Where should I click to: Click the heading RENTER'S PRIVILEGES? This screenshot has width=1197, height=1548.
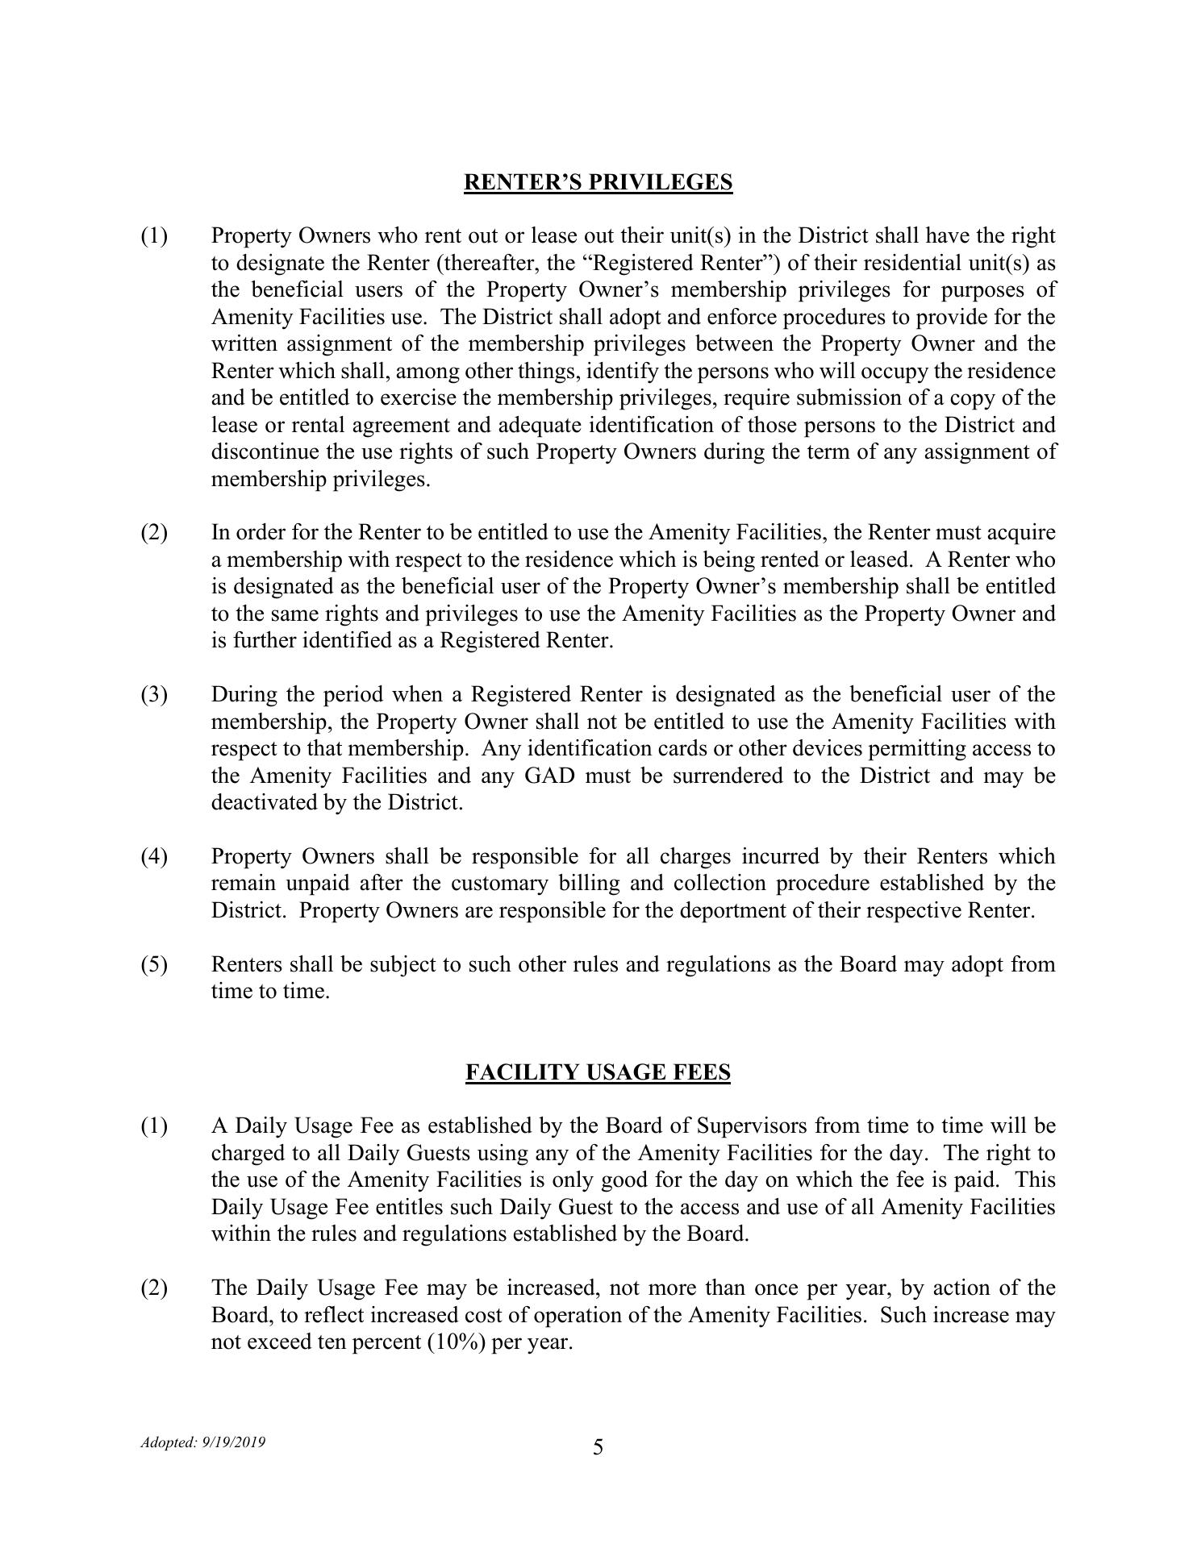point(598,182)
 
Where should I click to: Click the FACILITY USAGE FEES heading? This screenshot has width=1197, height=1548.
point(598,1072)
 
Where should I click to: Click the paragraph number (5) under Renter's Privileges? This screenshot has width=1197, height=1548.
point(155,964)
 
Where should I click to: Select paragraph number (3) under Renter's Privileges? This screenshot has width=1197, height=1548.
point(155,694)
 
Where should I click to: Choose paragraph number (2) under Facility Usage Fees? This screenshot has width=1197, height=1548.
point(155,1288)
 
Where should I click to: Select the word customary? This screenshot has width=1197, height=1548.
point(499,883)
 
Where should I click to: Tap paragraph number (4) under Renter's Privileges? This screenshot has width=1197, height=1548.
point(155,856)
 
